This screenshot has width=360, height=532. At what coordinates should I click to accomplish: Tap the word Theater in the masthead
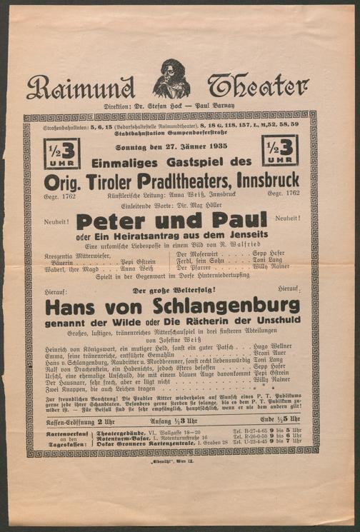258,85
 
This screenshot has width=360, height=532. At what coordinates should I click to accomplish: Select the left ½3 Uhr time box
62,152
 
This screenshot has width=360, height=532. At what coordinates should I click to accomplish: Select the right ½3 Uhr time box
279,151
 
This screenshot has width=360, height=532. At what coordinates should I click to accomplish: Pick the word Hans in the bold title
71,308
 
